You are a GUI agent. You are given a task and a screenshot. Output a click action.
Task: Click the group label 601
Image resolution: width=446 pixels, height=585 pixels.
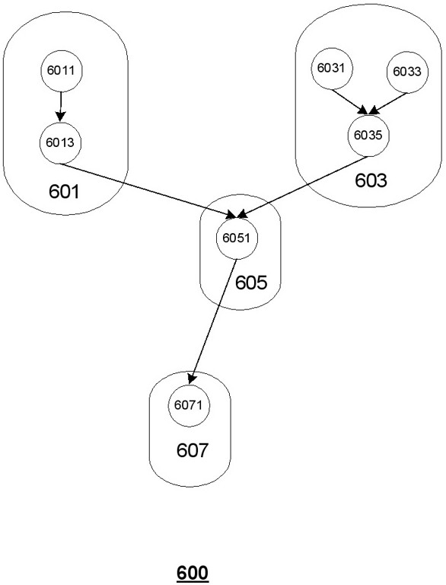click(64, 191)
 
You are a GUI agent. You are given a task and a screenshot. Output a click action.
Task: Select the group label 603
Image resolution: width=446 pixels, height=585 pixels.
click(371, 181)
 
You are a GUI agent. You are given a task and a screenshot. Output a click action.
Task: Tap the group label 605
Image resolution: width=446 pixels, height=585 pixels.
click(251, 283)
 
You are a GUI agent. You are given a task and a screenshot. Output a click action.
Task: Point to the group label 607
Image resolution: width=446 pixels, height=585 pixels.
click(192, 450)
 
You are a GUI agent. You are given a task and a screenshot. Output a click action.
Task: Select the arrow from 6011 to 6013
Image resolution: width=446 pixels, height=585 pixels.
click(61, 107)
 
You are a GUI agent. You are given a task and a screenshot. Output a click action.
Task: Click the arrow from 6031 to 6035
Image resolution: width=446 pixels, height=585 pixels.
click(349, 101)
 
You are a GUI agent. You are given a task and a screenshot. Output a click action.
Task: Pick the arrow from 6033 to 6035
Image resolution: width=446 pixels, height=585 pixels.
click(387, 104)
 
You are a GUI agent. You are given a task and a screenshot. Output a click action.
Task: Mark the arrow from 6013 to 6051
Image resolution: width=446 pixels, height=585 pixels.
click(148, 190)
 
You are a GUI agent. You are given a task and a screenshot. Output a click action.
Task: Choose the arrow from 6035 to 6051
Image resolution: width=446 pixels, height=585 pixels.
click(303, 187)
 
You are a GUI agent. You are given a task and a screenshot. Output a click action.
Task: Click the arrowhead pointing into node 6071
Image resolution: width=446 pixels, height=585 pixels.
click(192, 379)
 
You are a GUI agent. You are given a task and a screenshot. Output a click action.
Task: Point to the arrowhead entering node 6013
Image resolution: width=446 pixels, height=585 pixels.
click(60, 117)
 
